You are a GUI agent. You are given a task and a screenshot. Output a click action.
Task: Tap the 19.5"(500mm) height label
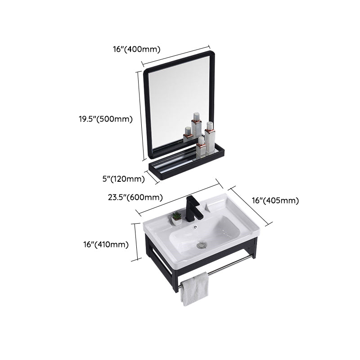pos(104,119)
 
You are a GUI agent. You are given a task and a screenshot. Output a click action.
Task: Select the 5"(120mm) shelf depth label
pos(123,179)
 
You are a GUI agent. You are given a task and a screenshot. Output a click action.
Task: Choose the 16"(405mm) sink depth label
pos(274,201)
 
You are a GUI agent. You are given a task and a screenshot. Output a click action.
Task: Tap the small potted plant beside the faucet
pos(177,219)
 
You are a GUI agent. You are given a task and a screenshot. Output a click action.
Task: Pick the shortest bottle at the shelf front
pos(201,147)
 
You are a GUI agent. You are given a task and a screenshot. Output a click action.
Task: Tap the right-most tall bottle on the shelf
pos(210,137)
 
